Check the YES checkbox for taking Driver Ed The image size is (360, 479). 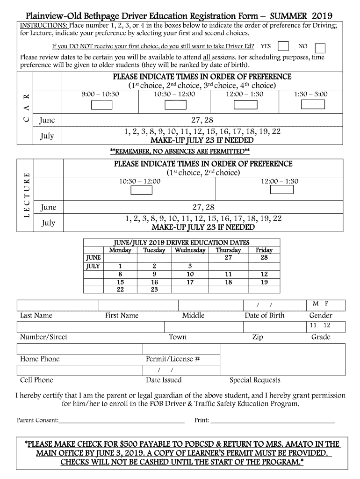[283, 46]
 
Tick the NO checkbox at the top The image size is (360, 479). [320, 48]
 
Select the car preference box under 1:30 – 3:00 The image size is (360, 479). [311, 104]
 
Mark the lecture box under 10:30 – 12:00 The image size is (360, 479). [141, 190]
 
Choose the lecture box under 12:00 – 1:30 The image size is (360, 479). [282, 190]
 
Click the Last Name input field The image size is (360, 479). [58, 305]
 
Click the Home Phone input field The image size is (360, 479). [80, 349]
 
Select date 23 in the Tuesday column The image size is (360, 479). [154, 290]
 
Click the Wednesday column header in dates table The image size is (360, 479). [190, 250]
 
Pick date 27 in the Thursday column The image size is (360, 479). [228, 258]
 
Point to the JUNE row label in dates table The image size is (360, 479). [94, 258]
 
